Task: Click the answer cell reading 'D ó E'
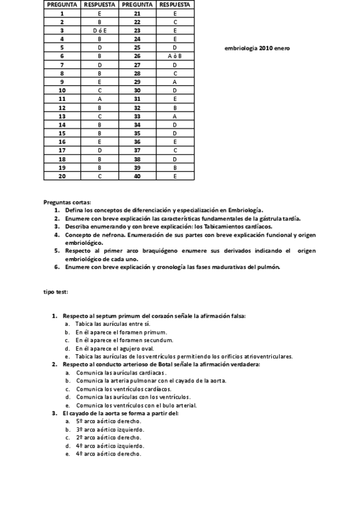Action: (99, 29)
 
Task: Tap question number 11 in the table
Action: (62, 98)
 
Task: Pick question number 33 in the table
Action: (137, 116)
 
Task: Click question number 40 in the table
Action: (137, 176)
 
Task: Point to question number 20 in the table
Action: (62, 176)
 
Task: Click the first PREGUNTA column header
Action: (62, 4)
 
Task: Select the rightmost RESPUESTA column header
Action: (174, 4)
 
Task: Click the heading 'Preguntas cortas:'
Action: (67, 202)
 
